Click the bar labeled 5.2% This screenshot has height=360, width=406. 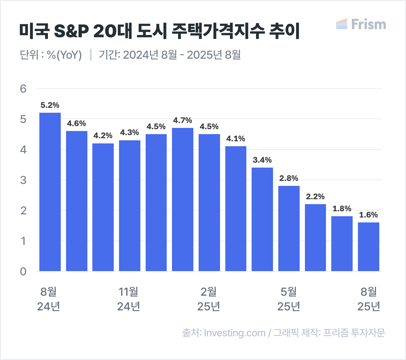point(50,192)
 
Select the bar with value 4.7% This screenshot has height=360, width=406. point(183,199)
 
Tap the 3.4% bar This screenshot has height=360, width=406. point(262,219)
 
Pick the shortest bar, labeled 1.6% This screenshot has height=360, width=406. point(369,247)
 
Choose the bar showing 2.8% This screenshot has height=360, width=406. point(289,228)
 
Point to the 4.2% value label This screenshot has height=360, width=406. point(103,136)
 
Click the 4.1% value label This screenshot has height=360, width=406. point(236,139)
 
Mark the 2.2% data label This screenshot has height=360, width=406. point(315,197)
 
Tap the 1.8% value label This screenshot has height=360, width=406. point(342,209)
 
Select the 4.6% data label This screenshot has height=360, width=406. point(76,124)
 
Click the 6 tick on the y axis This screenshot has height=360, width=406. point(23,89)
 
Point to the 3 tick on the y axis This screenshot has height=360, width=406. point(23,180)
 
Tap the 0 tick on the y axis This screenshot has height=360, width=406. point(23,271)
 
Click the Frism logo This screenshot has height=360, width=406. point(361,24)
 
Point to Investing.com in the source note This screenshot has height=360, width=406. point(235,333)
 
